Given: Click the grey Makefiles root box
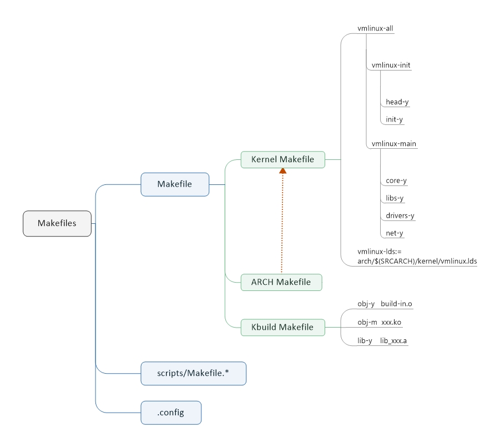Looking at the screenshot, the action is coord(57,223).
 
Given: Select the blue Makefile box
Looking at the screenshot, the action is coord(175,184).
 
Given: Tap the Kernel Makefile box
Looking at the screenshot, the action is coord(283,159).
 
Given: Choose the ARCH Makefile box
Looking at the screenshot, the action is coord(281,283).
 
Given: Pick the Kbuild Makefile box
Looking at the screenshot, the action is coord(283,328).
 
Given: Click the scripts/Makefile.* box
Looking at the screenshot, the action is coord(193,373).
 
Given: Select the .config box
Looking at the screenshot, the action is coord(171,413).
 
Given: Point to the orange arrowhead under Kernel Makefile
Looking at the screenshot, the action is coord(282,171).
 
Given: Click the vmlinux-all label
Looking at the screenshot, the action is coord(375,28).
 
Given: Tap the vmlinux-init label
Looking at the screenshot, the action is coord(391,65).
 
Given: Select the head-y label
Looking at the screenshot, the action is coord(397,102).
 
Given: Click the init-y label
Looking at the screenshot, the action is coord(394,119).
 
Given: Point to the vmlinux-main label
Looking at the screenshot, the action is coord(394,144).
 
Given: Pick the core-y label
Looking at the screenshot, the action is coord(396,180).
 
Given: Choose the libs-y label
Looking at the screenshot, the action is coord(395,198).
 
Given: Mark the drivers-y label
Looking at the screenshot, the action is coord(400,215).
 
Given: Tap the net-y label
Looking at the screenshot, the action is coord(394,233).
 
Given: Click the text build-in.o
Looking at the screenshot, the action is coord(396,304).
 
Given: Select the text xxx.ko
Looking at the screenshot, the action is coord(391,322).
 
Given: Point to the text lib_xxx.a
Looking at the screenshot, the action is coord(393,341).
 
